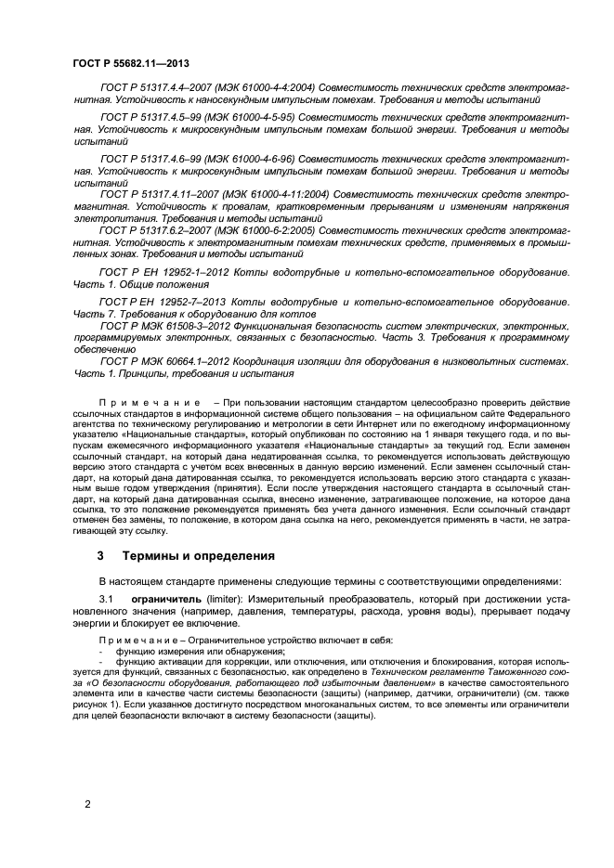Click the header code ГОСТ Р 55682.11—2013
125,64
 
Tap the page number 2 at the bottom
87,804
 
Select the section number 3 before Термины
101,556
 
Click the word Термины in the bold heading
157,556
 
